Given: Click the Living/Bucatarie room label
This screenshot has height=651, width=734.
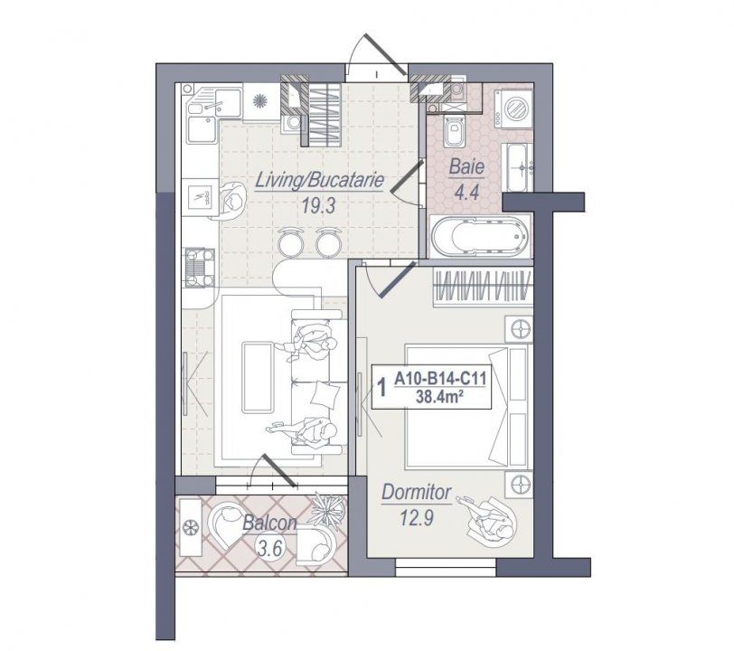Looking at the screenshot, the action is tap(319, 181).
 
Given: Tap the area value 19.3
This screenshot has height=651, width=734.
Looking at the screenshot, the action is tap(319, 205).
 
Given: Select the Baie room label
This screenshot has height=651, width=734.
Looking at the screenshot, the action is tap(466, 167).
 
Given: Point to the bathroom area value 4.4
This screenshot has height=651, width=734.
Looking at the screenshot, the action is tap(467, 192).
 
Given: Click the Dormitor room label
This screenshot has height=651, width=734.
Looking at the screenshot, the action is tap(416, 492).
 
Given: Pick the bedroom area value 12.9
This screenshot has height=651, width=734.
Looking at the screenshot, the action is tap(417, 517).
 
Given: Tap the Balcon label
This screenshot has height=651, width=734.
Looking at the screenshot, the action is tap(269, 523).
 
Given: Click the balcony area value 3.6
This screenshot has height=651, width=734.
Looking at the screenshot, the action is tap(270, 547).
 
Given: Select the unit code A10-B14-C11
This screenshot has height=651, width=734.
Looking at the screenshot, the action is tap(440, 379).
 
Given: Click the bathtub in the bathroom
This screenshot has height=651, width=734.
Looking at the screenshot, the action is tap(480, 236).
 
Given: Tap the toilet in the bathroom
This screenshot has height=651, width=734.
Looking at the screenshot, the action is tap(453, 131).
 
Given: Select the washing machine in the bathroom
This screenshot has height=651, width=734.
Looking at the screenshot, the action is tap(513, 107).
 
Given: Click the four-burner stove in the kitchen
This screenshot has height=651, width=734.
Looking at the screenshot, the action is tap(199, 268).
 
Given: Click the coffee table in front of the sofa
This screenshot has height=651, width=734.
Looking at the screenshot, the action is tap(258, 377).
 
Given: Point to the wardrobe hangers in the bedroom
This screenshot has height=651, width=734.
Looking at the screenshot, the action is tap(483, 285).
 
